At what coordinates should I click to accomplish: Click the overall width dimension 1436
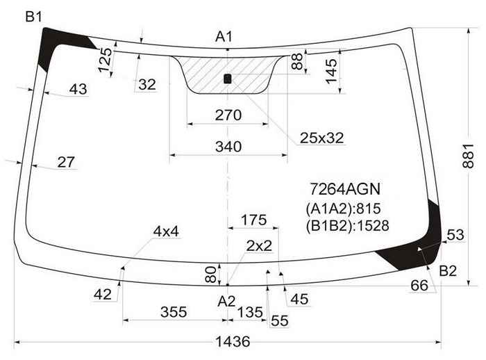pos(233,342)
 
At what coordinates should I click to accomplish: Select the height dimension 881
pos(468,156)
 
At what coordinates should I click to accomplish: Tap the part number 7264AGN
pos(345,189)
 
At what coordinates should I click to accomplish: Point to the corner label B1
pos(33,17)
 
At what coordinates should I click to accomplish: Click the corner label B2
pos(448,271)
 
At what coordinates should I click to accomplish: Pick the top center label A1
pos(224,37)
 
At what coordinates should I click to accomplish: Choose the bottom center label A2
pos(226,302)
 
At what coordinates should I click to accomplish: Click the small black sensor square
pos(228,79)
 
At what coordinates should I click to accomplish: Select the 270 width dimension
pos(228,115)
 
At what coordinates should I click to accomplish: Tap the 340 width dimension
pos(228,147)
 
